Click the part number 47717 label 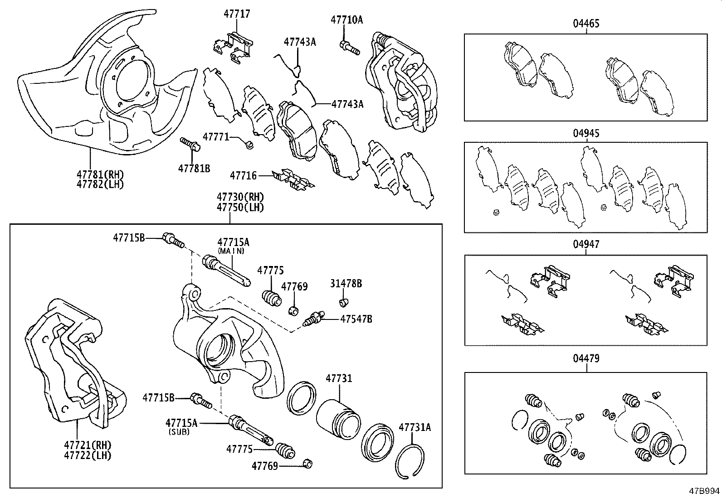click(237, 14)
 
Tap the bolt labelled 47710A click(349, 47)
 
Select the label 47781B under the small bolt click(194, 168)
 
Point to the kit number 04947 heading click(585, 244)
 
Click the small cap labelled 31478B click(344, 301)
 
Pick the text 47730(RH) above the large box click(240, 197)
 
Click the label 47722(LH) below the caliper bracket click(93, 455)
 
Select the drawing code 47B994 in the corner click(704, 491)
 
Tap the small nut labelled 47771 click(249, 145)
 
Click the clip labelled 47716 click(293, 179)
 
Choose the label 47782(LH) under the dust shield click(100, 184)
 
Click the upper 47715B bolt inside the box click(173, 239)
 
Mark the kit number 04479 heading click(585, 358)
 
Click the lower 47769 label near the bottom click(265, 465)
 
